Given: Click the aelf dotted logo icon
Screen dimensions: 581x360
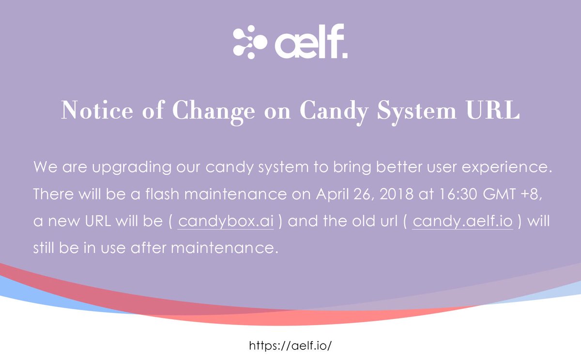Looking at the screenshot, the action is tap(250, 42).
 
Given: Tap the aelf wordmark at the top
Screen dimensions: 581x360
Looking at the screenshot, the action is tap(311, 41).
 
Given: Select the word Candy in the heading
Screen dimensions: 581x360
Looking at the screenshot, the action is tap(334, 112).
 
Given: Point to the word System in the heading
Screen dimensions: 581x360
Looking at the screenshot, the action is tap(416, 112).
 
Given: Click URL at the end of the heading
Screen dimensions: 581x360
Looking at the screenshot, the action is tap(493, 110).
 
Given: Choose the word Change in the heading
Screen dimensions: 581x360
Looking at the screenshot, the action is tap(214, 112).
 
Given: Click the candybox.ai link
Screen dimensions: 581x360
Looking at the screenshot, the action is tap(226, 221).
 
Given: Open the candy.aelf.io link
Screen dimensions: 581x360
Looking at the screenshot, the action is tap(463, 221).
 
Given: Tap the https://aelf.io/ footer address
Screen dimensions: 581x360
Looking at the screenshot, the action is tap(290, 345).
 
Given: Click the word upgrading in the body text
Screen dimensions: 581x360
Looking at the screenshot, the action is tap(132, 167).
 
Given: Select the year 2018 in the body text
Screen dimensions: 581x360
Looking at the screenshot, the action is tap(397, 194).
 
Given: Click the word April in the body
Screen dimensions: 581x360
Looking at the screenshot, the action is tap(332, 195).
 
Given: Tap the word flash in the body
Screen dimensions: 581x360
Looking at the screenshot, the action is tap(162, 194).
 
